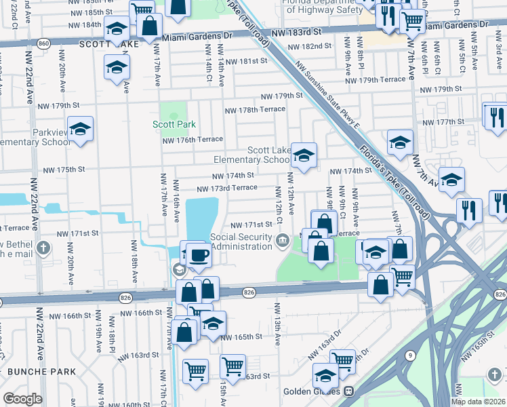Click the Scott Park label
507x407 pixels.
(174, 124)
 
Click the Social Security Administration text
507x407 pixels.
(241, 241)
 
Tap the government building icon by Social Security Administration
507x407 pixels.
(281, 240)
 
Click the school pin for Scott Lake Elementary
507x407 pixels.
(304, 156)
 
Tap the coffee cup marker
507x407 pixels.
(199, 255)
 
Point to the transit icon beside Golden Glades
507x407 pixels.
(350, 391)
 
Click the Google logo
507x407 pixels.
(22, 399)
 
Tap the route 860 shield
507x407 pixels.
(43, 43)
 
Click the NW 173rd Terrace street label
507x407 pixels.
(227, 187)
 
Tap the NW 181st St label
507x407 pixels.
(247, 61)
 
